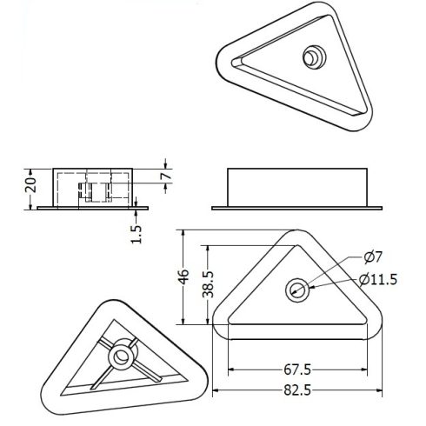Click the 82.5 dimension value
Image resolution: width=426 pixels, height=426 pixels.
297,390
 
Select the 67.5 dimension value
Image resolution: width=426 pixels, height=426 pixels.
297,369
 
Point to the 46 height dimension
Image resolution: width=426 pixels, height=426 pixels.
183,276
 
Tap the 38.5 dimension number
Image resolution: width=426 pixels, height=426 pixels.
208,284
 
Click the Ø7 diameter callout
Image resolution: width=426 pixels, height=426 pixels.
374,257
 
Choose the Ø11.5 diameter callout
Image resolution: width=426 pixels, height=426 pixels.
378,280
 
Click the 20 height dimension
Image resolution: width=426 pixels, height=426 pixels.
30,185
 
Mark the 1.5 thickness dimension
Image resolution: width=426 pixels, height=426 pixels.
136,234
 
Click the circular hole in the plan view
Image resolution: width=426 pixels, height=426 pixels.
297,290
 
